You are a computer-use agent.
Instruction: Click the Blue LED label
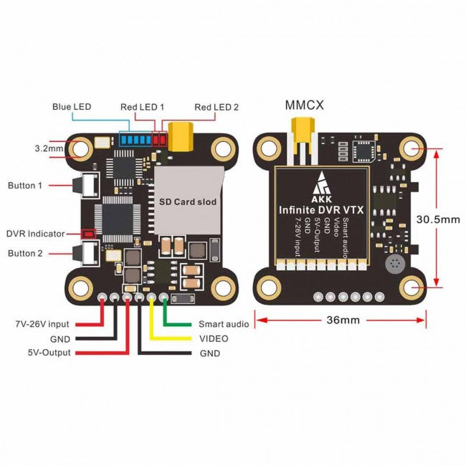72,107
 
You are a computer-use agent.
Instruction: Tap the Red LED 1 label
142,107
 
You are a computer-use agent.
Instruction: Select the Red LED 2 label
217,107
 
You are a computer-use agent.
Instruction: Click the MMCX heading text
305,105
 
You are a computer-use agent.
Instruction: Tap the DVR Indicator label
35,233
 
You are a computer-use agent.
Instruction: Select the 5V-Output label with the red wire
49,353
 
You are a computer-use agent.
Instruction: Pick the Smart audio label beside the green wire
224,324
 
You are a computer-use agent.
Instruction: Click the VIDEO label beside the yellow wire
214,338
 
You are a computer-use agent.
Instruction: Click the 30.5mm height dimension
439,219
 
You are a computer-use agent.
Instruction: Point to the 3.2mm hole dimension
48,148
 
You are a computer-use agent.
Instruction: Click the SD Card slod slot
188,202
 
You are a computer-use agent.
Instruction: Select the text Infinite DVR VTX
322,209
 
